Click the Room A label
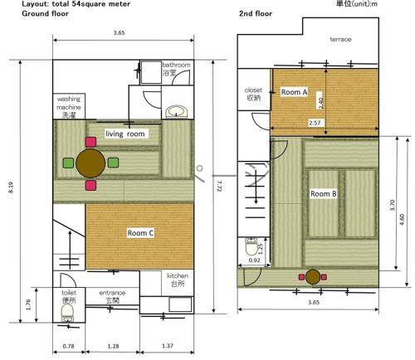(x=294, y=92)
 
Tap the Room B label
(x=324, y=194)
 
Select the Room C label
(x=140, y=233)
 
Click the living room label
(x=125, y=134)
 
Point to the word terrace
(x=340, y=39)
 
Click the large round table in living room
(x=90, y=163)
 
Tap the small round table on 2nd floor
(x=313, y=276)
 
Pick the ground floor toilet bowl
(x=67, y=312)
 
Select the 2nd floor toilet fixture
(x=251, y=246)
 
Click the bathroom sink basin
(x=177, y=111)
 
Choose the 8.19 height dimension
(x=11, y=187)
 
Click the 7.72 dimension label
(x=219, y=186)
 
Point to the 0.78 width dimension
(x=68, y=346)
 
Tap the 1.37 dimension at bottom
(x=168, y=346)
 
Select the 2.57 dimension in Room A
(x=315, y=123)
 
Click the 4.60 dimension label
(x=402, y=219)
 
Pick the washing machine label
(x=69, y=107)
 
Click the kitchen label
(x=178, y=280)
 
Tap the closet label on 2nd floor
(x=253, y=94)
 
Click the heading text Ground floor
(x=45, y=13)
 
